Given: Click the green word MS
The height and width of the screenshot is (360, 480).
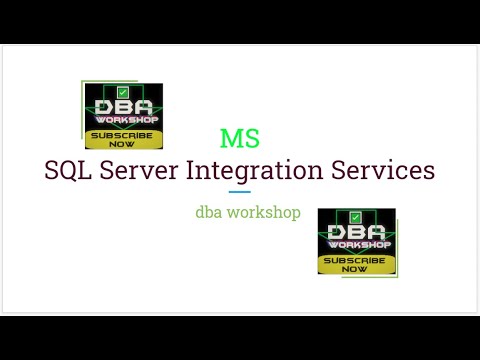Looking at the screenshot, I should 240,138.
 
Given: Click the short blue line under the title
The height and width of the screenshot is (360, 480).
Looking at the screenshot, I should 239,192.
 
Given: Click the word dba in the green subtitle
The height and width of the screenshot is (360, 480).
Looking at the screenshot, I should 211,212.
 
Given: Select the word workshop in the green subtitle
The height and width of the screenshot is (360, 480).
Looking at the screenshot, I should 265,212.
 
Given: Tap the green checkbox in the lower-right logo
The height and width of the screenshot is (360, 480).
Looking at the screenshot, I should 356,217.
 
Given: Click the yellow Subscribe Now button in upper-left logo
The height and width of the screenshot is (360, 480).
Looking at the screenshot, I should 123,137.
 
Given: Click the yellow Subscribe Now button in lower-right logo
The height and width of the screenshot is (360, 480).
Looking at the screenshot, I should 356,263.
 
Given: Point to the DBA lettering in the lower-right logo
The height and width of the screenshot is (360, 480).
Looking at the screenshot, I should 356,232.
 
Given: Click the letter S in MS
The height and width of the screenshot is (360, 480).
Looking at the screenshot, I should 252,138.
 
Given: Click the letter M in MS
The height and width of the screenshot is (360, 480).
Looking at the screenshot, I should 232,138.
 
